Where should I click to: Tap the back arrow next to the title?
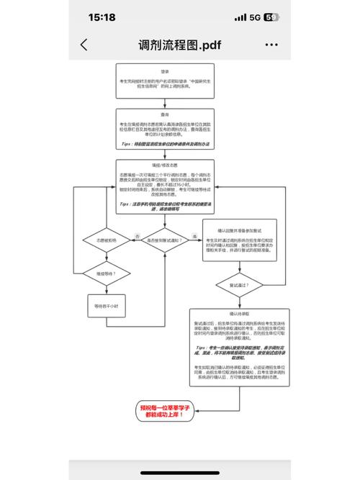tap(84, 45)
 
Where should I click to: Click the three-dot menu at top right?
tap(271, 45)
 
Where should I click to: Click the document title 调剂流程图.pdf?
tap(179, 45)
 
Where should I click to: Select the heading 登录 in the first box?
tap(165, 71)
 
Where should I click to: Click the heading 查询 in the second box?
tap(165, 114)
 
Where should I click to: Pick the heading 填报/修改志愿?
tap(165, 164)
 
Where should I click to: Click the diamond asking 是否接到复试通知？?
tap(165, 238)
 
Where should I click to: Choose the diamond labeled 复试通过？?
tap(238, 286)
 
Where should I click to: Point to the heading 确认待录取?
tap(238, 314)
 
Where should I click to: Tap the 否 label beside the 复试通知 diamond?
tap(137, 235)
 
